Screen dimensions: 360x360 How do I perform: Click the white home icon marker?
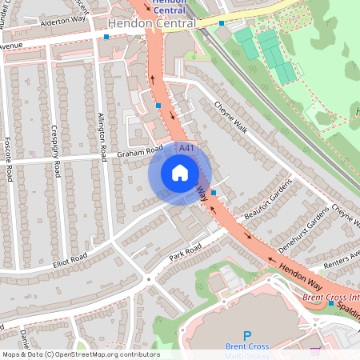point(180,172)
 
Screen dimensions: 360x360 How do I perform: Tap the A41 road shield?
point(186,149)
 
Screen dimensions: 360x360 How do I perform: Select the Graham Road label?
point(140,150)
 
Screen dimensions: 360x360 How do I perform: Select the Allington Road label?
point(102,132)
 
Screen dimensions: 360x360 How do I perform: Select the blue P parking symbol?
point(247,337)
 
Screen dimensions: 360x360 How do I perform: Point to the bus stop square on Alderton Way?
point(106,36)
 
